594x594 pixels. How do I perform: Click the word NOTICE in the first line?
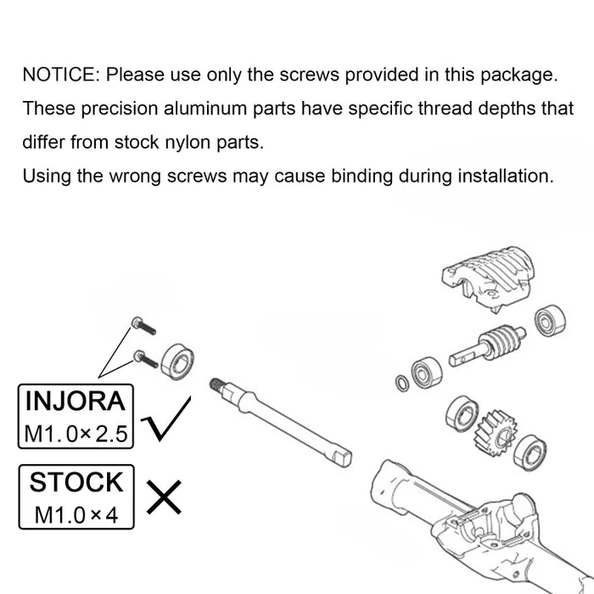coord(60,75)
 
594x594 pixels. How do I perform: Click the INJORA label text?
coord(76,401)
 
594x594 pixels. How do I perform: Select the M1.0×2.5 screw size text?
coord(76,434)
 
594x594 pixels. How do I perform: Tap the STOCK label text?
coord(76,482)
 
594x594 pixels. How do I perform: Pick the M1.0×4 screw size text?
coord(76,515)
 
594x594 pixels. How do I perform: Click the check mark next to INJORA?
coord(166,418)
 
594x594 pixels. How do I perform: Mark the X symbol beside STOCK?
coord(164,497)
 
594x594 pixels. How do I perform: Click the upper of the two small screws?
coord(143,326)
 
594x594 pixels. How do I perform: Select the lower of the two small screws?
coord(145,359)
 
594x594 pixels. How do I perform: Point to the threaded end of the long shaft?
coord(216,384)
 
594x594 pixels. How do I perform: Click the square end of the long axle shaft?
coord(344,458)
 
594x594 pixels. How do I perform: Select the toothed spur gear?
coord(496,434)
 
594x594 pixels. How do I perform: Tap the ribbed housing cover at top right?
coord(488,278)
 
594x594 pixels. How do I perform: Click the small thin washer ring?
coord(402,384)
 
